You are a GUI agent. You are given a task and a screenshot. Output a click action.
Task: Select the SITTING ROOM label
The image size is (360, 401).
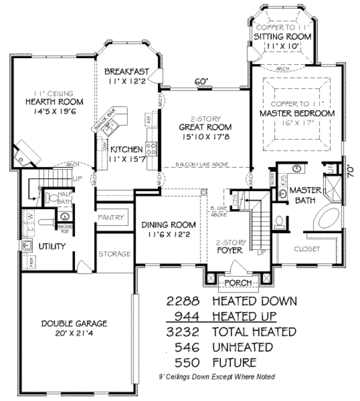coord(282,37)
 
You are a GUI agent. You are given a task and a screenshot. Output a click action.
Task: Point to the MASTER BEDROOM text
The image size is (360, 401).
coord(296,113)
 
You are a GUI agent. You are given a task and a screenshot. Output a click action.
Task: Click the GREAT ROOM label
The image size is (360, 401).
coord(205,128)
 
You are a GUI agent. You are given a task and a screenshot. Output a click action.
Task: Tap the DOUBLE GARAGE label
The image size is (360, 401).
coord(74,324)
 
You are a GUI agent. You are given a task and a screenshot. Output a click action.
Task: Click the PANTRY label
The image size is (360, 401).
coord(112,217)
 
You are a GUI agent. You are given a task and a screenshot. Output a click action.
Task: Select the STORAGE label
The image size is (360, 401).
coord(114,254)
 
